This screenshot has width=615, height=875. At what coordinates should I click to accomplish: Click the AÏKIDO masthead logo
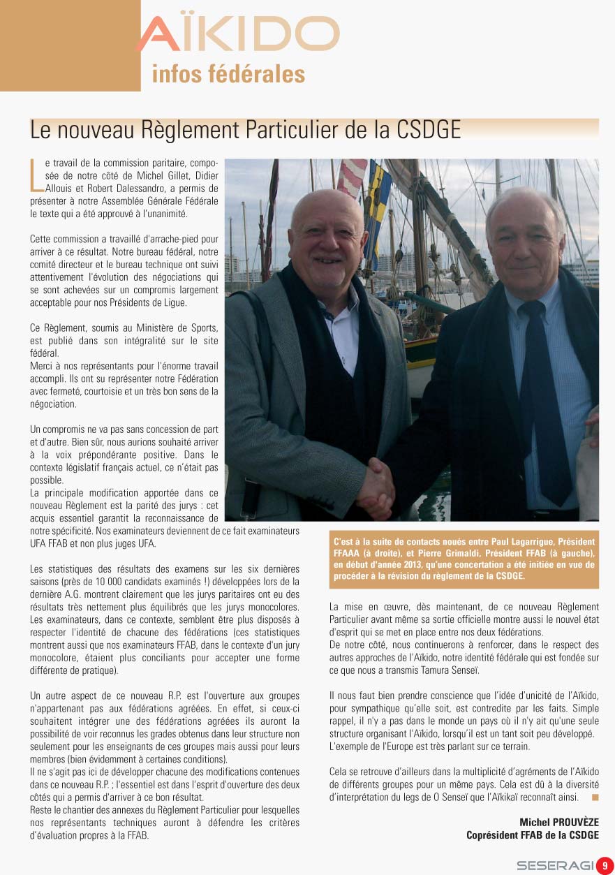point(237,34)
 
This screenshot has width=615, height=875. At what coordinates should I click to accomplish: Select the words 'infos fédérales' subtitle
point(228,74)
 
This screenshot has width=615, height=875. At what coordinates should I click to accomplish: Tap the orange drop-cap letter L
point(36,175)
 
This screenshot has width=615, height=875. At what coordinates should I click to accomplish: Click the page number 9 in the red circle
point(605,865)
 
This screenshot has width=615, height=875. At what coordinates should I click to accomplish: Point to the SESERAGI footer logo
point(555,865)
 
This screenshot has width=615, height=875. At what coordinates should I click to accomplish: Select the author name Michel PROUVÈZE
point(558,822)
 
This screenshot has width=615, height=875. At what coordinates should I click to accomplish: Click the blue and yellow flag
point(379,203)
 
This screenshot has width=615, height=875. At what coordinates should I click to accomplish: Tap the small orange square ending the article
point(595,796)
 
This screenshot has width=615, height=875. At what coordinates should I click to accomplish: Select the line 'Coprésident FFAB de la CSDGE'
point(532,834)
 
